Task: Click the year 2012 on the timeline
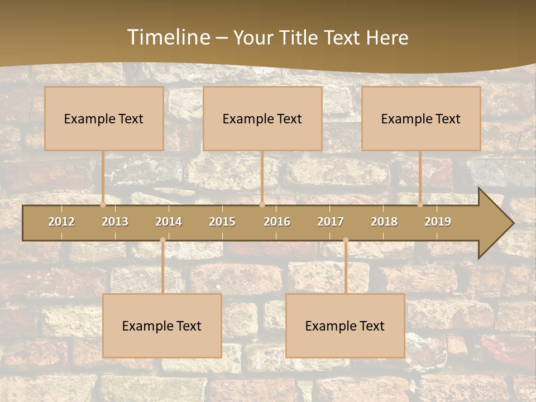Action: point(61,222)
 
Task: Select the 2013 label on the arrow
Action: point(115,222)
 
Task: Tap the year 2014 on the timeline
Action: point(169,222)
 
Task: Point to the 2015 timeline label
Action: point(222,222)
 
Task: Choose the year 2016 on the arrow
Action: point(277,222)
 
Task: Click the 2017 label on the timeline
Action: point(331,222)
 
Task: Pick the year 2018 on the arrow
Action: point(384,222)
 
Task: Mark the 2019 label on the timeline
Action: point(438,222)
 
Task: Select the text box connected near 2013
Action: point(104,118)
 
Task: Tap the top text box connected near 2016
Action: point(262,118)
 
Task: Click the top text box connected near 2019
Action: point(421,118)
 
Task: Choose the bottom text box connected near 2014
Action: point(162,326)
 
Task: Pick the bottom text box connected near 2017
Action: point(345,326)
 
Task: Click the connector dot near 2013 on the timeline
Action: point(103,204)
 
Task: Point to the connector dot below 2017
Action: point(346,240)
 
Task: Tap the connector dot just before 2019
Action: point(420,204)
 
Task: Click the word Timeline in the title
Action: point(168,37)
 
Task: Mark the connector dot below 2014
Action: point(162,240)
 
